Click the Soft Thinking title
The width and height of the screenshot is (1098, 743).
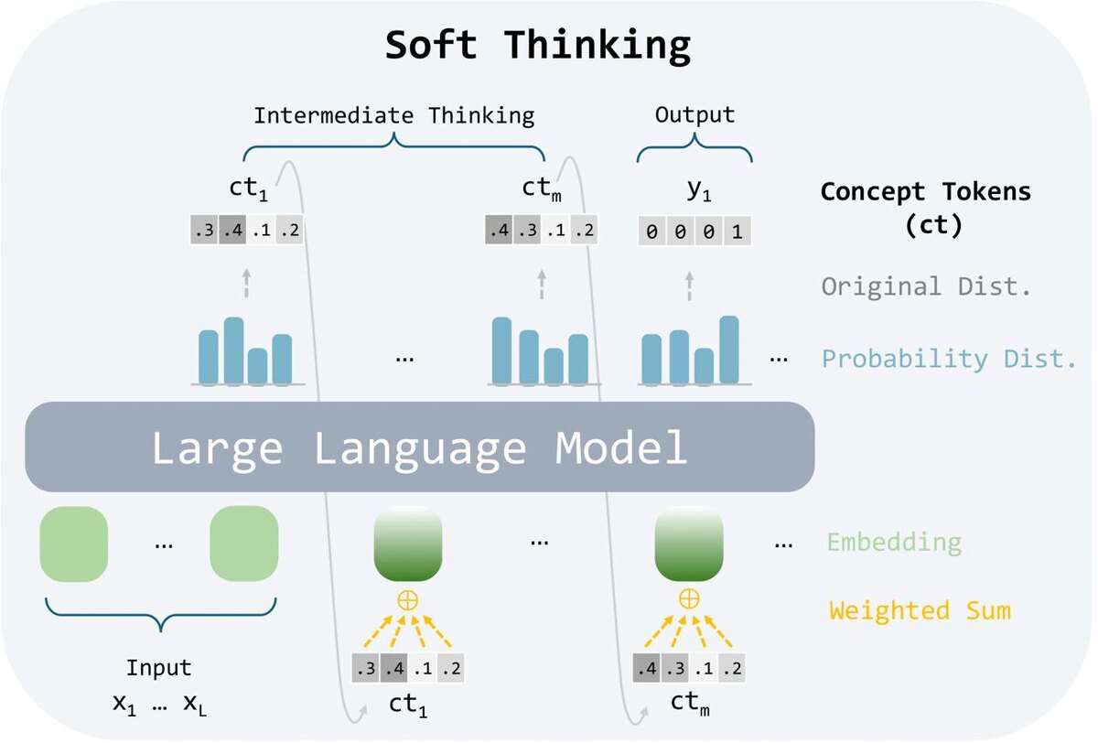coord(538,46)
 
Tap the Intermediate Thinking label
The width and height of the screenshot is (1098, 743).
coord(393,116)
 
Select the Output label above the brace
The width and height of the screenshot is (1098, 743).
coord(694,115)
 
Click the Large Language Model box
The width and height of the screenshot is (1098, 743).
coord(419,447)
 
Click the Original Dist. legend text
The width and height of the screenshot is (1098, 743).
coord(926,286)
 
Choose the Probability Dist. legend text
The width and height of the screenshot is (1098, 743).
coord(949,359)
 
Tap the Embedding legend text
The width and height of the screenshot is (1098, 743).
coord(894,543)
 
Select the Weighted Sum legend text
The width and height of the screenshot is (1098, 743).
coord(920,610)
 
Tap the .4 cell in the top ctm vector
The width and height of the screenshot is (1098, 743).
coord(499,230)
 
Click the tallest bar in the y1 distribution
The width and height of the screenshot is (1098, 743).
coord(729,349)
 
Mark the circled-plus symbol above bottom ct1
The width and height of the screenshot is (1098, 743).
coord(407,600)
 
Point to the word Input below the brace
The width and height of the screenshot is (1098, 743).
coord(159,669)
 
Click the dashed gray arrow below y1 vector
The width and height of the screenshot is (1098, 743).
coord(689,285)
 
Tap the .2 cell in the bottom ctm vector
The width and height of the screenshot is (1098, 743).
coord(731,668)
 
